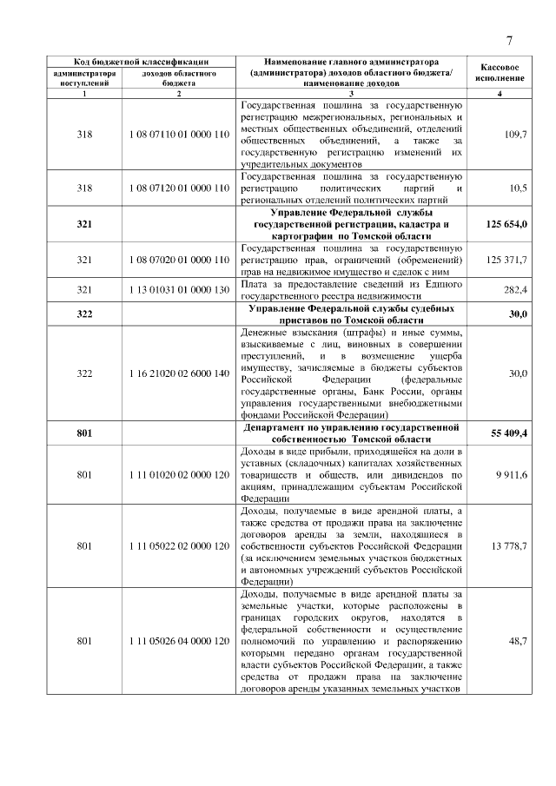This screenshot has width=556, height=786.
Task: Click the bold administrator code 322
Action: click(x=84, y=314)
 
